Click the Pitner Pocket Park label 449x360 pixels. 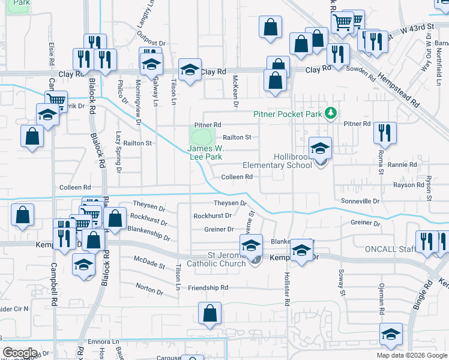[x=288, y=113]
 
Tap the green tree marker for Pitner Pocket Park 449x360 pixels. [x=330, y=113]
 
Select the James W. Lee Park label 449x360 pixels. [x=205, y=152]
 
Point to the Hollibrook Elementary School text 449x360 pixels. [x=276, y=160]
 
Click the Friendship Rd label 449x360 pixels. [x=208, y=288]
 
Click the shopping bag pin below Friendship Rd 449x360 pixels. [x=209, y=313]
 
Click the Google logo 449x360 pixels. [x=19, y=353]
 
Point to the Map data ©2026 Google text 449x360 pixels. [x=412, y=355]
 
